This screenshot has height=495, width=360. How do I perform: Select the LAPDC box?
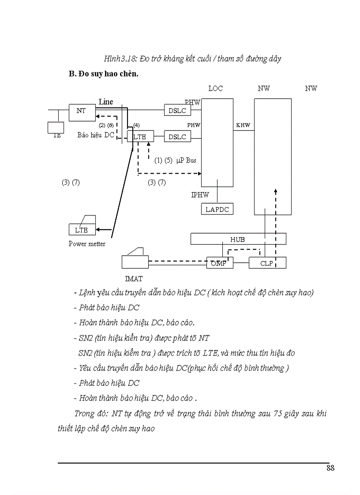pos(217,209)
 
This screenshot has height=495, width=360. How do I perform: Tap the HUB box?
pos(238,239)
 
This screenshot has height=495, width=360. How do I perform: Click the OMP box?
pos(219,263)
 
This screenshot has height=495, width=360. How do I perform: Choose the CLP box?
pos(267,263)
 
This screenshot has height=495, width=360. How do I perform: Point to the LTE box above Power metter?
pos(82,230)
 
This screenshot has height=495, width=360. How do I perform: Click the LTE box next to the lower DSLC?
pos(140,137)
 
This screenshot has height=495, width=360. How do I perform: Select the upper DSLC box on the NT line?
pos(177,111)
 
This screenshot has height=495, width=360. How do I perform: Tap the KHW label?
pos(243,125)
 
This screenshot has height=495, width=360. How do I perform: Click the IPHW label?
pos(200,194)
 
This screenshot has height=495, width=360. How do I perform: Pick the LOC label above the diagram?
pos(215,89)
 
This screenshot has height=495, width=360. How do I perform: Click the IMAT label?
pos(133,279)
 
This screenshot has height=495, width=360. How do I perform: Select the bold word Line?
pos(106,102)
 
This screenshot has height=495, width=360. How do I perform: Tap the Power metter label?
pos(87,244)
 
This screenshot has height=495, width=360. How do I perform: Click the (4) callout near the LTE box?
pos(136,125)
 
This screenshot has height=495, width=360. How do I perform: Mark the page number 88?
pos(330,468)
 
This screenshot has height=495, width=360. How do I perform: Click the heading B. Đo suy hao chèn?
pos(104,74)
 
